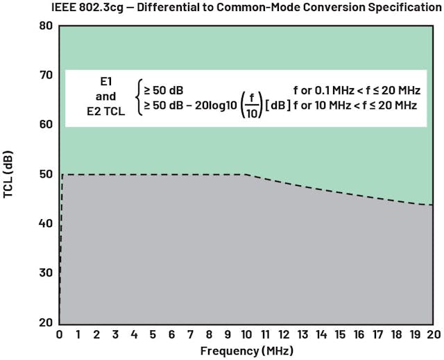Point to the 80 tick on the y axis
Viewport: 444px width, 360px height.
(46, 26)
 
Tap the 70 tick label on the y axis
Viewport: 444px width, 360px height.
(46, 75)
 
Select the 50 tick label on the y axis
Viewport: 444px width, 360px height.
(46, 174)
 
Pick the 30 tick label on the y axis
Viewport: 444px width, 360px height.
(46, 273)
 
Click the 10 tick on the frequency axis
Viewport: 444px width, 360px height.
(246, 334)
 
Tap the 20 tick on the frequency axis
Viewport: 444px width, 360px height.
(434, 334)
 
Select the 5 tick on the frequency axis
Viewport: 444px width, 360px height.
(153, 334)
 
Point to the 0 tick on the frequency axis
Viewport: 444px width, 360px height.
(59, 334)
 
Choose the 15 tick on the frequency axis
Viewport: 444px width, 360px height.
(340, 334)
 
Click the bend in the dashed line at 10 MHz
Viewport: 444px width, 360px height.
(246, 175)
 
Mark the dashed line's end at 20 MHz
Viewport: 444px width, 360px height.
(434, 205)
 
